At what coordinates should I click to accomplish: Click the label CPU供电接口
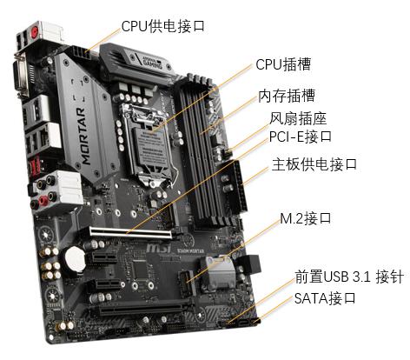coord(163,26)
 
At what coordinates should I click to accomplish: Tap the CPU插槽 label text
coord(283,64)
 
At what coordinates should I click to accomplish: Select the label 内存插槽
coord(287,96)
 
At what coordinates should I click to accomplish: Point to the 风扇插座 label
coord(298,118)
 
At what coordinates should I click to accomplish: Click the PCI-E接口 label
coord(301,137)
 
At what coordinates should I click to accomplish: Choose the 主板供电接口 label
coord(314,164)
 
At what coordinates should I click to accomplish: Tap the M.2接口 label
coord(306,218)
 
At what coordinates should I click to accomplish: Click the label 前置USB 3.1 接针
coord(349,277)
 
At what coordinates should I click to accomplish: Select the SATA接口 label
coord(325,298)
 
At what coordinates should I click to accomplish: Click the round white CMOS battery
coord(75,258)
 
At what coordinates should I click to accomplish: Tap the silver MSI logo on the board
coord(159,248)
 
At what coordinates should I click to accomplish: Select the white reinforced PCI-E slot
coord(130,233)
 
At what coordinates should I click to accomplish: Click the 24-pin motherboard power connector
coord(240,187)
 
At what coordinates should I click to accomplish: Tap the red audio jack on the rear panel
coord(43,199)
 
